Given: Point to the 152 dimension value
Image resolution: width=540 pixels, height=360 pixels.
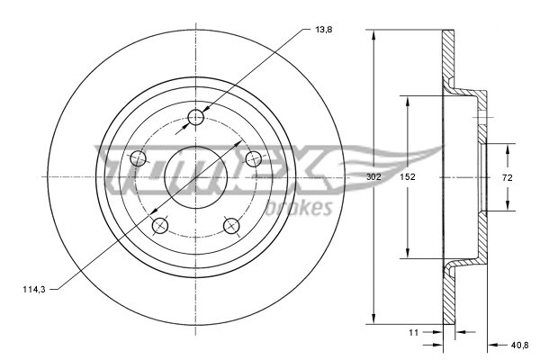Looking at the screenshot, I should point(407,177).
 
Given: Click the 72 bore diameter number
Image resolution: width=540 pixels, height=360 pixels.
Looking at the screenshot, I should point(507,177).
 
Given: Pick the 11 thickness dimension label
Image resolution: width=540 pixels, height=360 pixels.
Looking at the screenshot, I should point(415,333).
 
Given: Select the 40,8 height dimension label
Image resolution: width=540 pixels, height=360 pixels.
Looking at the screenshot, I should point(520,344).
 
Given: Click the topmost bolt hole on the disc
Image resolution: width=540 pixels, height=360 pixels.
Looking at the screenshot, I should point(197,118).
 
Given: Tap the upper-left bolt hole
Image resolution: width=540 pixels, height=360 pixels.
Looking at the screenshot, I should point(139,159).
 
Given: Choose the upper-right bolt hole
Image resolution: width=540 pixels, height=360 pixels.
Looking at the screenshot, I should point(254,160).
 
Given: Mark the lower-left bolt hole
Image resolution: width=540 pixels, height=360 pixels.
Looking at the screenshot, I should point(160,225).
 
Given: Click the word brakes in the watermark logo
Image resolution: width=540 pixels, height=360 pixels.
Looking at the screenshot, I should point(307,209).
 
